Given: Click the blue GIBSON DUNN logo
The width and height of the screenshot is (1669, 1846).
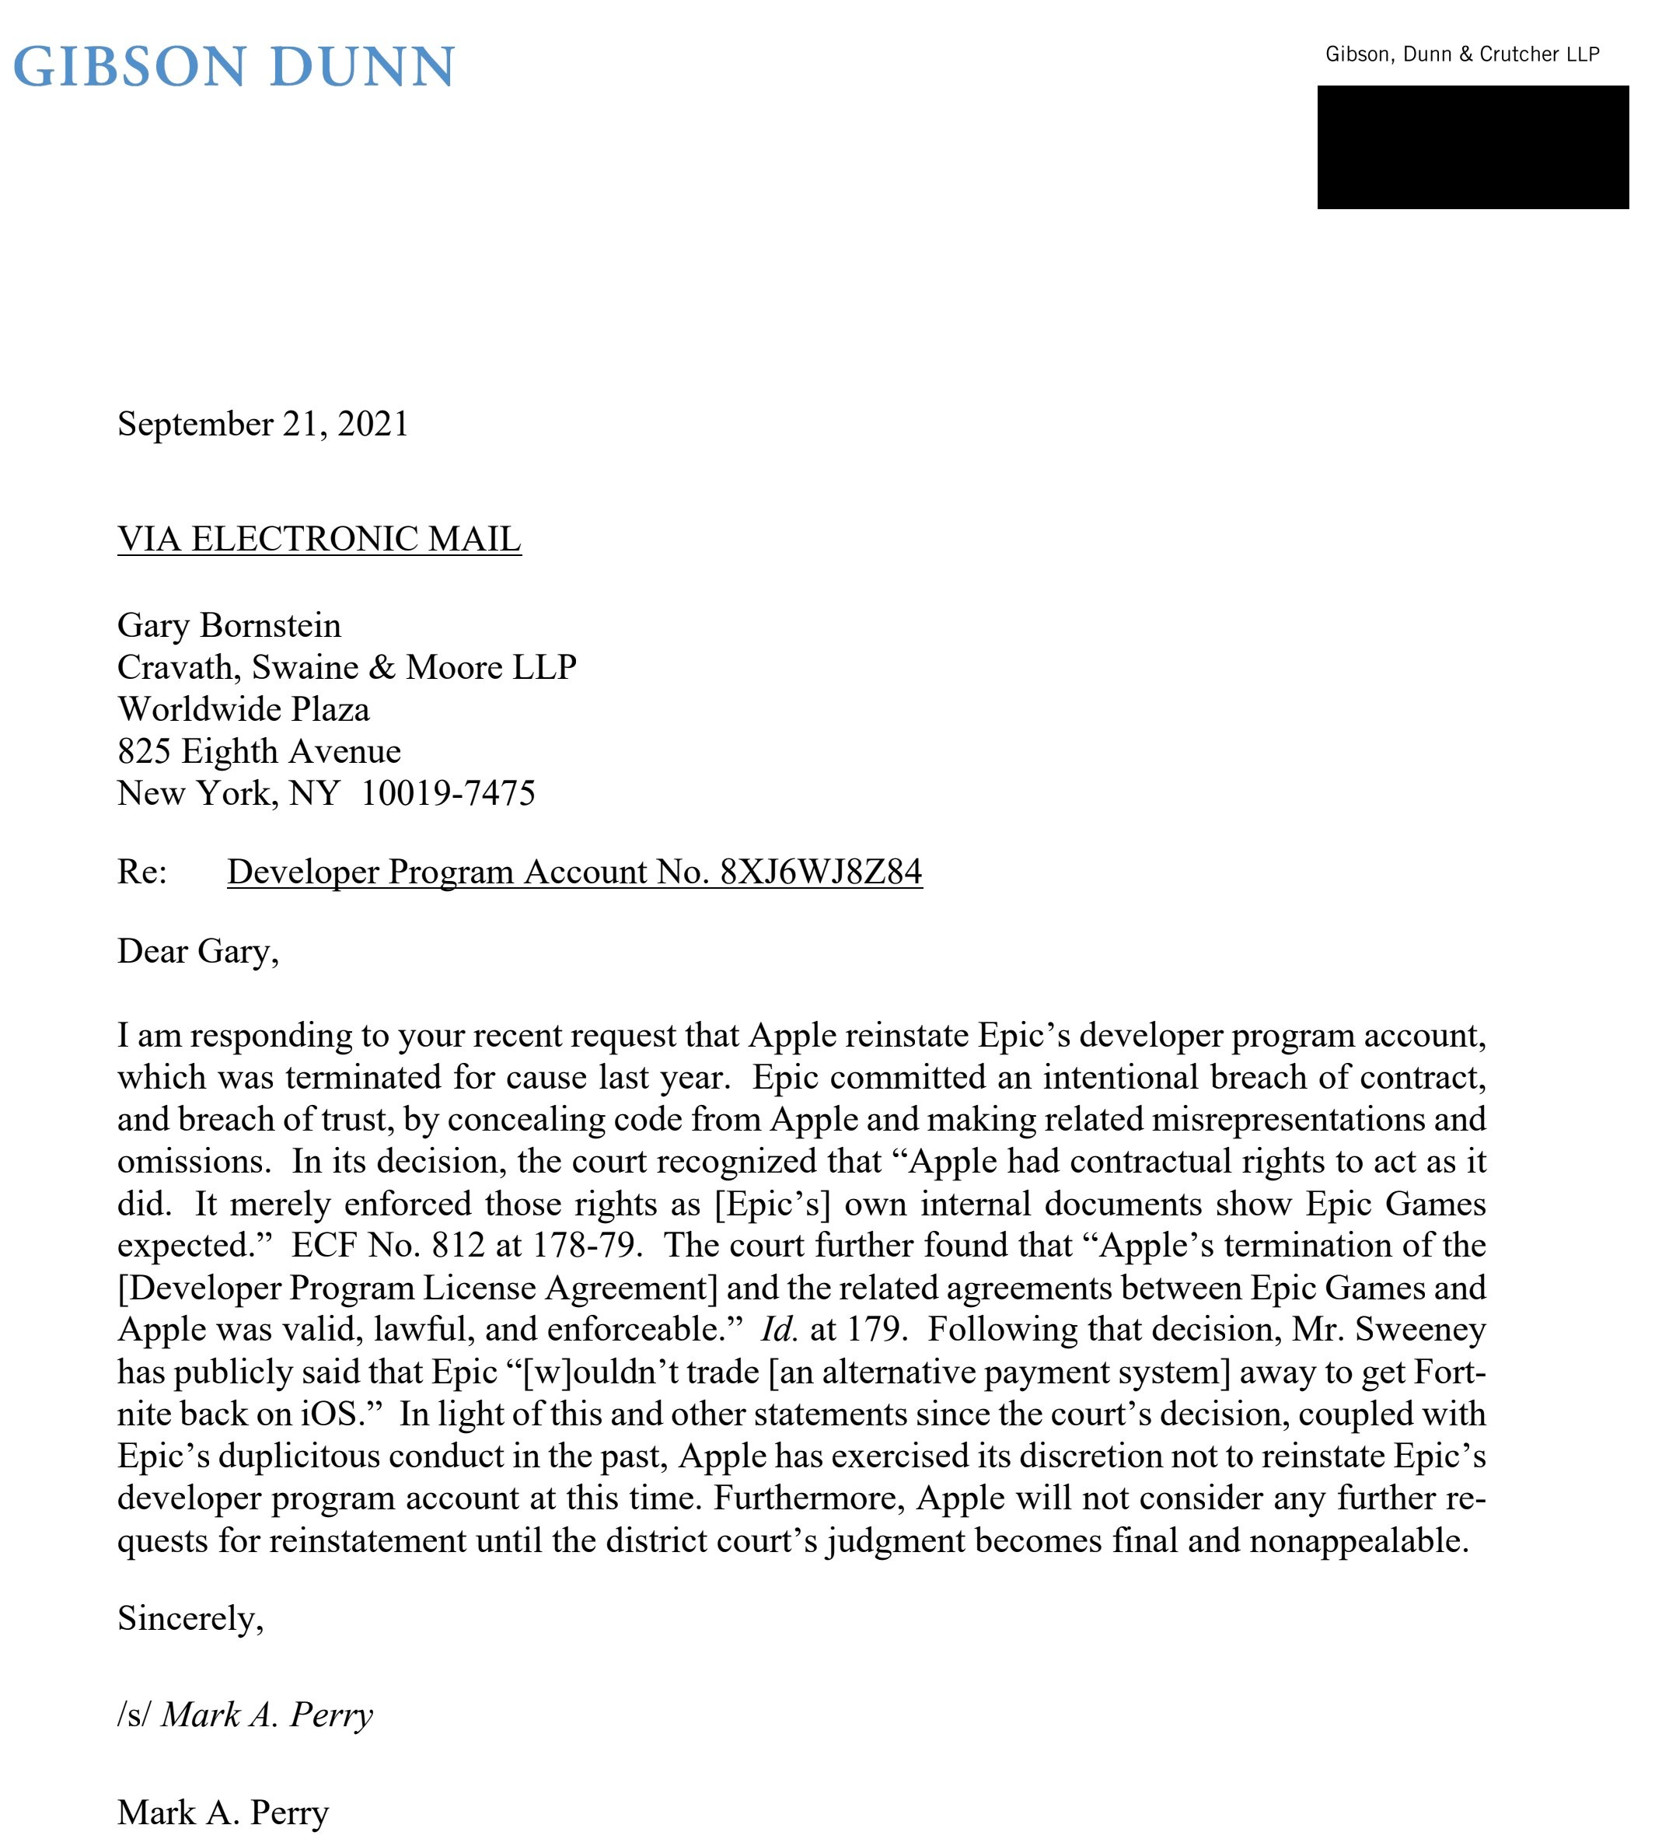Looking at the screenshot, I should (233, 67).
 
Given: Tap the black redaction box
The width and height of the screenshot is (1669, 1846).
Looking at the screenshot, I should (1472, 148).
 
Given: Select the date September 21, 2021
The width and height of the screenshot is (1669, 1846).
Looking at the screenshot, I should (263, 424).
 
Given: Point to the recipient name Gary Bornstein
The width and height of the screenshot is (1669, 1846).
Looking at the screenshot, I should (229, 625).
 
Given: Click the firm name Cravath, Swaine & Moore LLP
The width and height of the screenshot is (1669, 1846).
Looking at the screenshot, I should (347, 667).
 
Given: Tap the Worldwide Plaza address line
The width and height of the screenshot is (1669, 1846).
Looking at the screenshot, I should (243, 710).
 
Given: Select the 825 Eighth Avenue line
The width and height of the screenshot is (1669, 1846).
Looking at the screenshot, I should (259, 752).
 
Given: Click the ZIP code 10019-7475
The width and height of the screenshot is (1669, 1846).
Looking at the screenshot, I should (448, 793).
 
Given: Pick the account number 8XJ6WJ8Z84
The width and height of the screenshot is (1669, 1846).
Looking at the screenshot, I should (821, 872).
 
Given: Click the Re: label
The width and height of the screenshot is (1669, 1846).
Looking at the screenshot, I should (142, 872).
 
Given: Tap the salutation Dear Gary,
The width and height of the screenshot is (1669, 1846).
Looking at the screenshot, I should (197, 952).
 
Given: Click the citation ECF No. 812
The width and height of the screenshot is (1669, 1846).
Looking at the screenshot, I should (387, 1246).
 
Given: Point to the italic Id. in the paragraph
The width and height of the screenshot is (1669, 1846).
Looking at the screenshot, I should (779, 1330).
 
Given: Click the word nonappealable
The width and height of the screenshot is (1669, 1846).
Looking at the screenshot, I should (1359, 1540).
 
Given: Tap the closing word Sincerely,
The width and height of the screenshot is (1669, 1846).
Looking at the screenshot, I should (190, 1619).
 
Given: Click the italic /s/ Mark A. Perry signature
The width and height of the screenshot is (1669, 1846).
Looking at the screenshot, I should (246, 1715).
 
